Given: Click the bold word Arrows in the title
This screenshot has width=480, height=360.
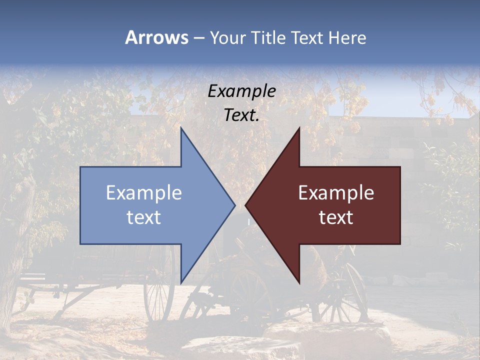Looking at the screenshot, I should (x=156, y=37).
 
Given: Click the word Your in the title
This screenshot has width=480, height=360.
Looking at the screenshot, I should (x=227, y=38).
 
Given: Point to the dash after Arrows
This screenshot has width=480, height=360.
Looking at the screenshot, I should (x=198, y=38).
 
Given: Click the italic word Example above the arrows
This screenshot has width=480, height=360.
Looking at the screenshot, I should (x=242, y=91).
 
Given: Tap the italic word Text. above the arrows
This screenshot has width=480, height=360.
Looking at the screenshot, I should (x=242, y=115).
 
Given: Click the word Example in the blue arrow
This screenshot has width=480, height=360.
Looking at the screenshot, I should (x=144, y=193).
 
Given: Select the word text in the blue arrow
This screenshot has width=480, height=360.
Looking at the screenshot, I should (x=144, y=217).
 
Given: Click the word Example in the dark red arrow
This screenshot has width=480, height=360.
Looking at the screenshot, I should (x=336, y=193).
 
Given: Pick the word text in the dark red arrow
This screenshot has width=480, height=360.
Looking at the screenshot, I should (x=336, y=217).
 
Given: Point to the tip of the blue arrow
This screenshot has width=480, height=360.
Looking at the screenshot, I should (x=234, y=205).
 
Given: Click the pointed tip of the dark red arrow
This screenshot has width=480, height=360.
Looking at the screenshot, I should (x=246, y=205).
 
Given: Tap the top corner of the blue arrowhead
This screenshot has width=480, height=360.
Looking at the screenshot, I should (x=181, y=128).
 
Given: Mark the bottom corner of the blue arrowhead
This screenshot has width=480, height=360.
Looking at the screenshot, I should (x=181, y=283).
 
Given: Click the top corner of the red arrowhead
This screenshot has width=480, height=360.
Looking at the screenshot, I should (x=299, y=128).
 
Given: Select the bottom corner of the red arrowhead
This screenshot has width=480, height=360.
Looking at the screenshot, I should (x=299, y=283).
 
